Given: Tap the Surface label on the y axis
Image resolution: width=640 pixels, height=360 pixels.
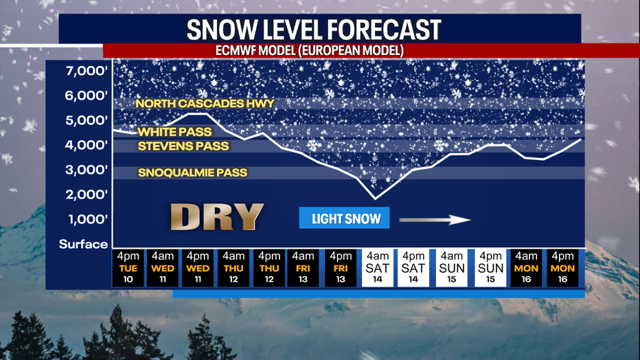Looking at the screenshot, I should [83, 244].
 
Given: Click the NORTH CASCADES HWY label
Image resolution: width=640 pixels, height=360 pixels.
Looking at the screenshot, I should [205, 104].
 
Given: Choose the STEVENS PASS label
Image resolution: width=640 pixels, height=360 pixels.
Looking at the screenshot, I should [183, 146].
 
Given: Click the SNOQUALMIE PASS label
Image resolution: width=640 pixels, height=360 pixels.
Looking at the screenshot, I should [192, 173].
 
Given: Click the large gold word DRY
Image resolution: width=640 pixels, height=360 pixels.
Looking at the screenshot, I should [216, 216].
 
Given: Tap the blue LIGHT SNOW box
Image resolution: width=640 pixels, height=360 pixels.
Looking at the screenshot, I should [344, 218].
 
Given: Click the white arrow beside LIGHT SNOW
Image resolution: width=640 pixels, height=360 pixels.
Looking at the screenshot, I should [435, 220].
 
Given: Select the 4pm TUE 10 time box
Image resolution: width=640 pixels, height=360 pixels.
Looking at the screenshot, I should [128, 268].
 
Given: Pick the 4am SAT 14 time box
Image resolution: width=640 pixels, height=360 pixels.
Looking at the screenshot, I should [377, 268].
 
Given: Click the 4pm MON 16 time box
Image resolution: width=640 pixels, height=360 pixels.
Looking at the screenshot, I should [563, 268].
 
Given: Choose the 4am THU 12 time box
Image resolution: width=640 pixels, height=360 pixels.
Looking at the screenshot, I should [233, 268].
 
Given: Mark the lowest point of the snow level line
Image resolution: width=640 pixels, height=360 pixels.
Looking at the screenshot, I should [376, 199].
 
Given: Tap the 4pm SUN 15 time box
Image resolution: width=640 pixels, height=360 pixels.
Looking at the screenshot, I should [491, 268].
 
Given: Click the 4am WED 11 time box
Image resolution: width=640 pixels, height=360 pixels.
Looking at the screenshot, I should [163, 268].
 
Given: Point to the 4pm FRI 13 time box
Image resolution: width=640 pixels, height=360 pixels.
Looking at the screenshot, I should [340, 268].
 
